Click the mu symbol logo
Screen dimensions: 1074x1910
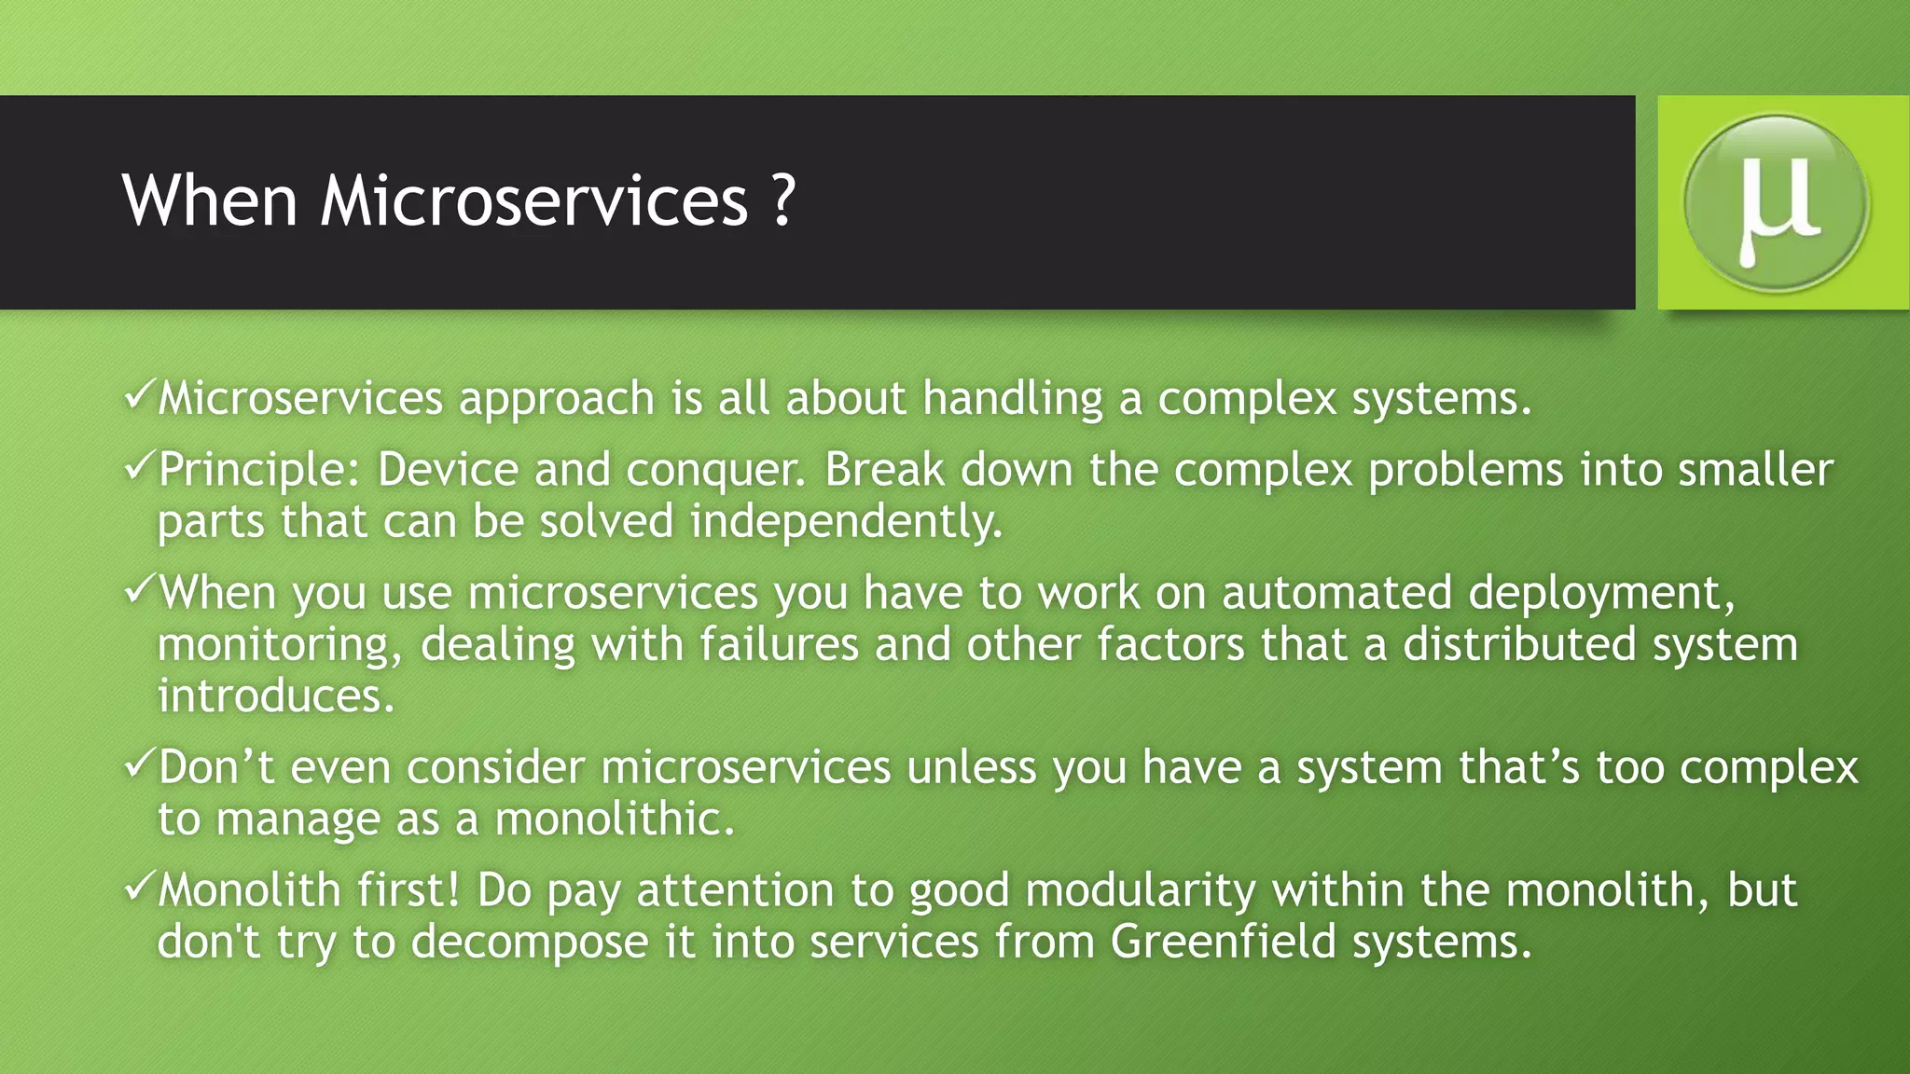tap(1777, 202)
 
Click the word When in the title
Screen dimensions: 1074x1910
tap(210, 200)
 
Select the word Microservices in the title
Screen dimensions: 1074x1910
tap(534, 200)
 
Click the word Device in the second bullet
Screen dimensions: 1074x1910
tap(447, 469)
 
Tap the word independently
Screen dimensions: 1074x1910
tap(845, 521)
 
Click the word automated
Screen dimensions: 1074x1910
tap(1336, 593)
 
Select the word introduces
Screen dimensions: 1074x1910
tap(275, 695)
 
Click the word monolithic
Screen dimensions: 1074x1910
tap(614, 819)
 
